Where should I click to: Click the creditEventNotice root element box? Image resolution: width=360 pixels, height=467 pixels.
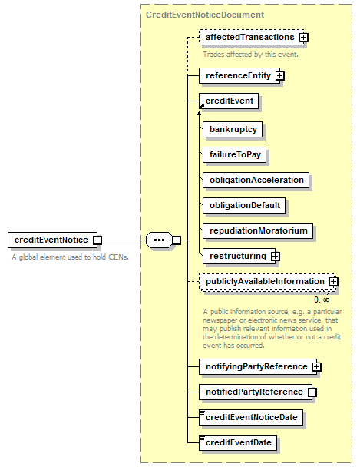tap(53, 240)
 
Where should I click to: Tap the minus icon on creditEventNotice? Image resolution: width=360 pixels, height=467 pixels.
tap(97, 240)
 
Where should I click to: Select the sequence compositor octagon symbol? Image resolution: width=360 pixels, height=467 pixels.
tap(159, 240)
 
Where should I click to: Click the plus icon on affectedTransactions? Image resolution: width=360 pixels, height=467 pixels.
tap(304, 37)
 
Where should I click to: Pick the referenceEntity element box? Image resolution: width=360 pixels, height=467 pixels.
tap(239, 75)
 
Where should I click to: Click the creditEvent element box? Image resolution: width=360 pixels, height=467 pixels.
tap(229, 101)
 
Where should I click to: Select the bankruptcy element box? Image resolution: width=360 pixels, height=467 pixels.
tap(233, 129)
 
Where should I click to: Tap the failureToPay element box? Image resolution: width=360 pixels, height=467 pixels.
tap(234, 154)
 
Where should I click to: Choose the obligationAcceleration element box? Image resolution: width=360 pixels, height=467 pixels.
tap(256, 180)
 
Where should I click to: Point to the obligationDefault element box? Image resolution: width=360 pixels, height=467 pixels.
tap(244, 205)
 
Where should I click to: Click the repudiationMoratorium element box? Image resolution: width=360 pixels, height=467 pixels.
tap(258, 230)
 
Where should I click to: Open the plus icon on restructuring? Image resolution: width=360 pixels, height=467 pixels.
tap(276, 256)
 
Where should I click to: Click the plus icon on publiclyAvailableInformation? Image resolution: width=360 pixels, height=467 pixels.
tap(334, 281)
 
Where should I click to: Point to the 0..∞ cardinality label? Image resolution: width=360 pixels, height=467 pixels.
tap(322, 300)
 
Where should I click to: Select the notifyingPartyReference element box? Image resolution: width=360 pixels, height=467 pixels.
tap(258, 366)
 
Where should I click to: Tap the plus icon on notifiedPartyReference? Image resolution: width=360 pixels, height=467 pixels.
tap(312, 392)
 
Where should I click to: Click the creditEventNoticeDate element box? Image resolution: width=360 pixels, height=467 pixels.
tap(251, 417)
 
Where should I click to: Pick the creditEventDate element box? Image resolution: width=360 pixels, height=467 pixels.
tap(238, 442)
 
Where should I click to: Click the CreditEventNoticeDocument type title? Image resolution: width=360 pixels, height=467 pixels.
tap(205, 15)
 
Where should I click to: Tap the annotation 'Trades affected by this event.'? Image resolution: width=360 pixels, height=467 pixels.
tap(250, 55)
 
